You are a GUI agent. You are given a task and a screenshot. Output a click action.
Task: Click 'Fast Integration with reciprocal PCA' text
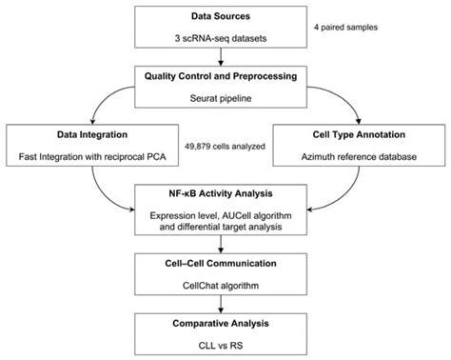(x=80, y=155)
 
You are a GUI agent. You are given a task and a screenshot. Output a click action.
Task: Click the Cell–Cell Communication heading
(x=225, y=263)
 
